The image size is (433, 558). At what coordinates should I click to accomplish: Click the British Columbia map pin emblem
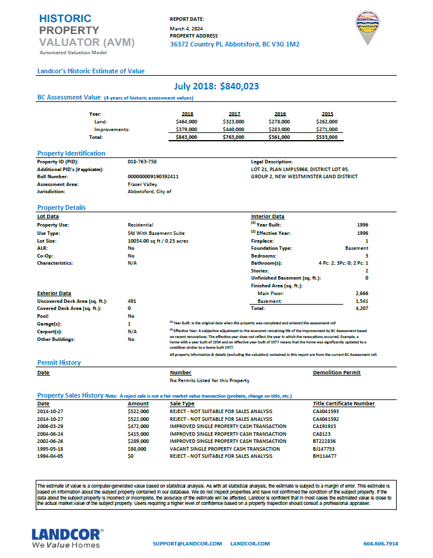pos(368,26)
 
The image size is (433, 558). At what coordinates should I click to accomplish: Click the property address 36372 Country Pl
pos(235,44)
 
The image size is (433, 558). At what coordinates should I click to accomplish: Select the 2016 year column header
pos(280,113)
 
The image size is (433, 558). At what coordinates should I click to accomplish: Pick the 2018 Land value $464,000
pos(186,121)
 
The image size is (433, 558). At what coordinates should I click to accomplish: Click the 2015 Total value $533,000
pos(327,137)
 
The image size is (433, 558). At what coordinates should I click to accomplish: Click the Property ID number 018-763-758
pos(142,162)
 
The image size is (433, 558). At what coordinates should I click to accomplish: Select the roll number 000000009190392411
pos(153,176)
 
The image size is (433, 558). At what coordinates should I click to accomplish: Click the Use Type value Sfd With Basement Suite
pos(156,232)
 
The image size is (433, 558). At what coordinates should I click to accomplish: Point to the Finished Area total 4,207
pos(362,309)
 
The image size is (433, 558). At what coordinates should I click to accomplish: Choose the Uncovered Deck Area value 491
pos(132,301)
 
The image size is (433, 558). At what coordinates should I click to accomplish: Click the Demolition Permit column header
pos(337,373)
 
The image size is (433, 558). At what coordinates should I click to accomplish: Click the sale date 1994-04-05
pos(51,456)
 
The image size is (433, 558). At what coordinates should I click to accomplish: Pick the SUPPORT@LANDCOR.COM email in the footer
pos(187,544)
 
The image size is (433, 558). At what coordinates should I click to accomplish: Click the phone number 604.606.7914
pos(381,544)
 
